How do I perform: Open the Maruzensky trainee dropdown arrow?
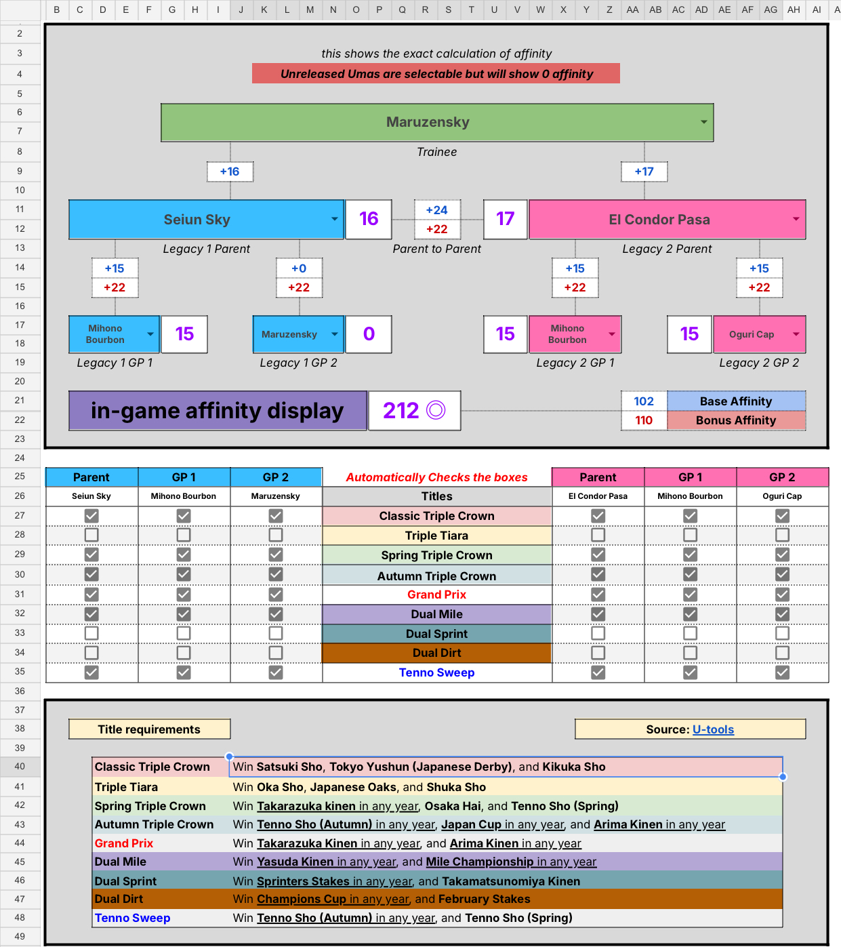(703, 122)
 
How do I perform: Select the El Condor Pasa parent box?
(659, 220)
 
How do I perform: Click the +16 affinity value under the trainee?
(230, 172)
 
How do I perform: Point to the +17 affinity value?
(644, 172)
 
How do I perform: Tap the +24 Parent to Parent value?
(437, 210)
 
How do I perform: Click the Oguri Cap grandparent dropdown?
(796, 334)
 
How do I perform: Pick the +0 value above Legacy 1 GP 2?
(299, 268)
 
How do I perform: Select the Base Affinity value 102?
(644, 401)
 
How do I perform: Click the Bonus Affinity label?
(736, 420)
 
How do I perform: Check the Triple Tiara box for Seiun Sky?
(91, 535)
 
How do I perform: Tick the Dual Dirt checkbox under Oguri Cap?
(782, 653)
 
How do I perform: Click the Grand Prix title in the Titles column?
(437, 595)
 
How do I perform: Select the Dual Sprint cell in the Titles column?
(437, 634)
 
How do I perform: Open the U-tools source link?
(713, 729)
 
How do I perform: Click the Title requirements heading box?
(149, 729)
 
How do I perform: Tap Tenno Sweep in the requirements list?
(133, 918)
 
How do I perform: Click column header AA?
(632, 9)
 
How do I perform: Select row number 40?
(20, 766)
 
